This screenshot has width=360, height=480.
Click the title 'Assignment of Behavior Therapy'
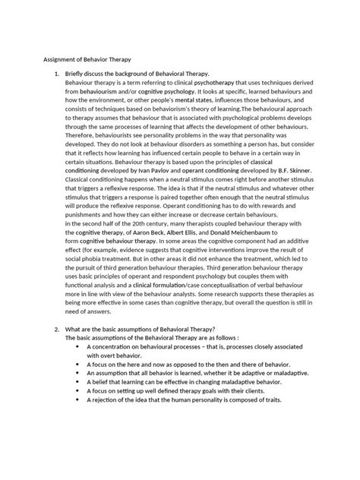click(x=81, y=58)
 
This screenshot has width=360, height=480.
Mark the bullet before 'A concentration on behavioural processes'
click(x=78, y=346)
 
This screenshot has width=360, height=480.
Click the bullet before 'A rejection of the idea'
click(x=78, y=400)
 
